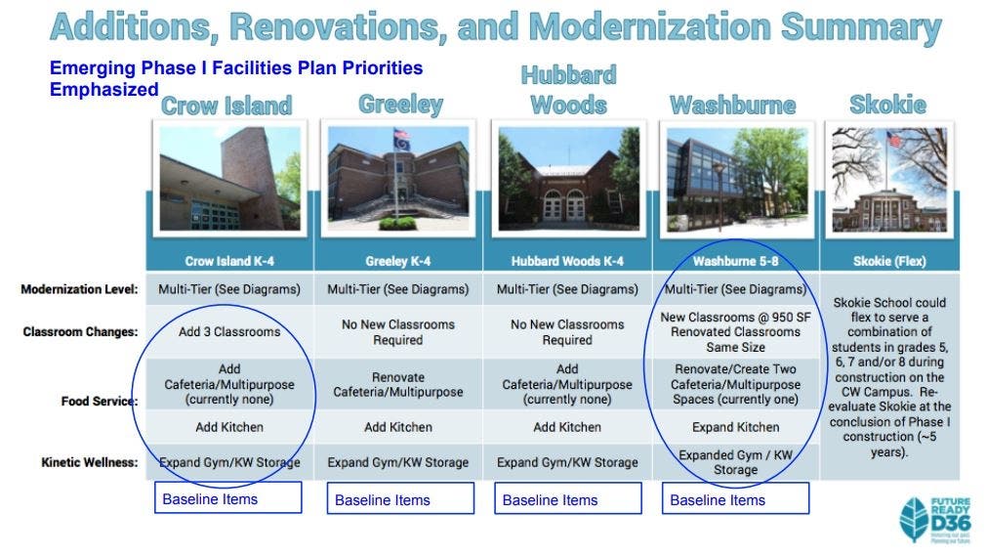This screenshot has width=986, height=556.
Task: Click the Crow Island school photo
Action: [229, 178]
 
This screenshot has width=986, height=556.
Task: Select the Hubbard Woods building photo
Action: [568, 178]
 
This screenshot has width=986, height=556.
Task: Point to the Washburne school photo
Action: [736, 180]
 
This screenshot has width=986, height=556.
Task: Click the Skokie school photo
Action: [889, 180]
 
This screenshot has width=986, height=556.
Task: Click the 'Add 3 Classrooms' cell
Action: [229, 332]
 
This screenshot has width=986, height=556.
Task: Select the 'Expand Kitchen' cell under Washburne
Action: [736, 427]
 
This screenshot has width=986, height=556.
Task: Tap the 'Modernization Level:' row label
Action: [79, 289]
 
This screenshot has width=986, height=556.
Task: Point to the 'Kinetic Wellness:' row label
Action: [89, 462]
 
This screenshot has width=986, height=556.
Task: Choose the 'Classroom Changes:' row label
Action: [80, 332]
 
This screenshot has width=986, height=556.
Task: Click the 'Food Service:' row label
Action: [100, 401]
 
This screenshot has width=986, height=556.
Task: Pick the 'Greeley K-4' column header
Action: [398, 261]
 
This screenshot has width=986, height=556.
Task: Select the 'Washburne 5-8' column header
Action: [736, 261]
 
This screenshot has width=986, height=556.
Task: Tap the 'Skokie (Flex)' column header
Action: [889, 261]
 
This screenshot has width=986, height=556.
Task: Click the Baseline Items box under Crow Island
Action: [228, 497]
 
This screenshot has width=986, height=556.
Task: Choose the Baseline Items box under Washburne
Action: [736, 498]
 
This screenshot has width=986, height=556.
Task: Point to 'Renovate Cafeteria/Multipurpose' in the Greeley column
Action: [398, 385]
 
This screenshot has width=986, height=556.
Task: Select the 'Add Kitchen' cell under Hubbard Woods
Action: [567, 427]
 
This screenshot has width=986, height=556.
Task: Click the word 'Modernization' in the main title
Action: [649, 27]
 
